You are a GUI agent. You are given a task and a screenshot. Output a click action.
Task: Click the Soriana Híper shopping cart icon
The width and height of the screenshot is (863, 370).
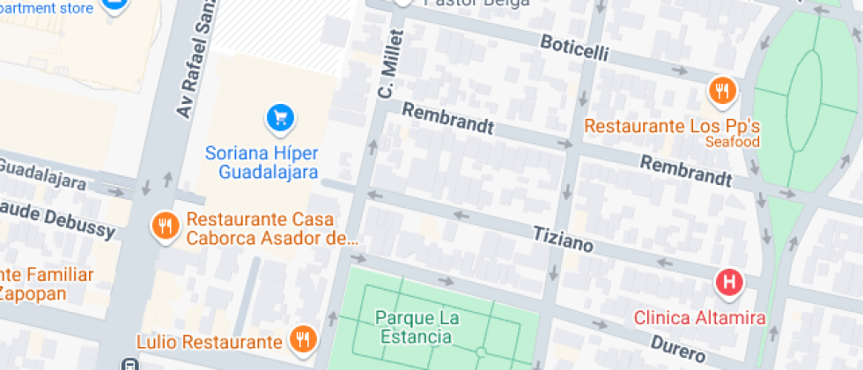[x=280, y=116]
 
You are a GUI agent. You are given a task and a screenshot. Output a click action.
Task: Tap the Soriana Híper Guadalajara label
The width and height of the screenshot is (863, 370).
[x=262, y=161]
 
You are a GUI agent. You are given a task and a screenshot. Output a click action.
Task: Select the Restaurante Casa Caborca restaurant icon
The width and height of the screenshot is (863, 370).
[x=164, y=226]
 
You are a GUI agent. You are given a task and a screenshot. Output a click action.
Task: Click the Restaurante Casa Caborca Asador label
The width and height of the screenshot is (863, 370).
[x=271, y=228]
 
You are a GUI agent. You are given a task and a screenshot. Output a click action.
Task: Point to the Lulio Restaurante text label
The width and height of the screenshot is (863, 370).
[x=210, y=341]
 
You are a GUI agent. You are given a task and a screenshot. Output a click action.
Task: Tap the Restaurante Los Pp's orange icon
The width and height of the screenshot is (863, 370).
[x=721, y=90]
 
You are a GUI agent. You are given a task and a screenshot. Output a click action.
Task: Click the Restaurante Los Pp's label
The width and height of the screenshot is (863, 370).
[x=672, y=126]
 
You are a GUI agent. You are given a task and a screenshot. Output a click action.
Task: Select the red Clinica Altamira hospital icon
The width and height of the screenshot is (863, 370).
[x=730, y=283]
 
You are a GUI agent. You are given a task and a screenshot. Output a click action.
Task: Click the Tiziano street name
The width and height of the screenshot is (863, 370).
[x=564, y=238]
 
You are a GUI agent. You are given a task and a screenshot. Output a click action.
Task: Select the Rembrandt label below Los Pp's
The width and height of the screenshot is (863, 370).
[x=685, y=171]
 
